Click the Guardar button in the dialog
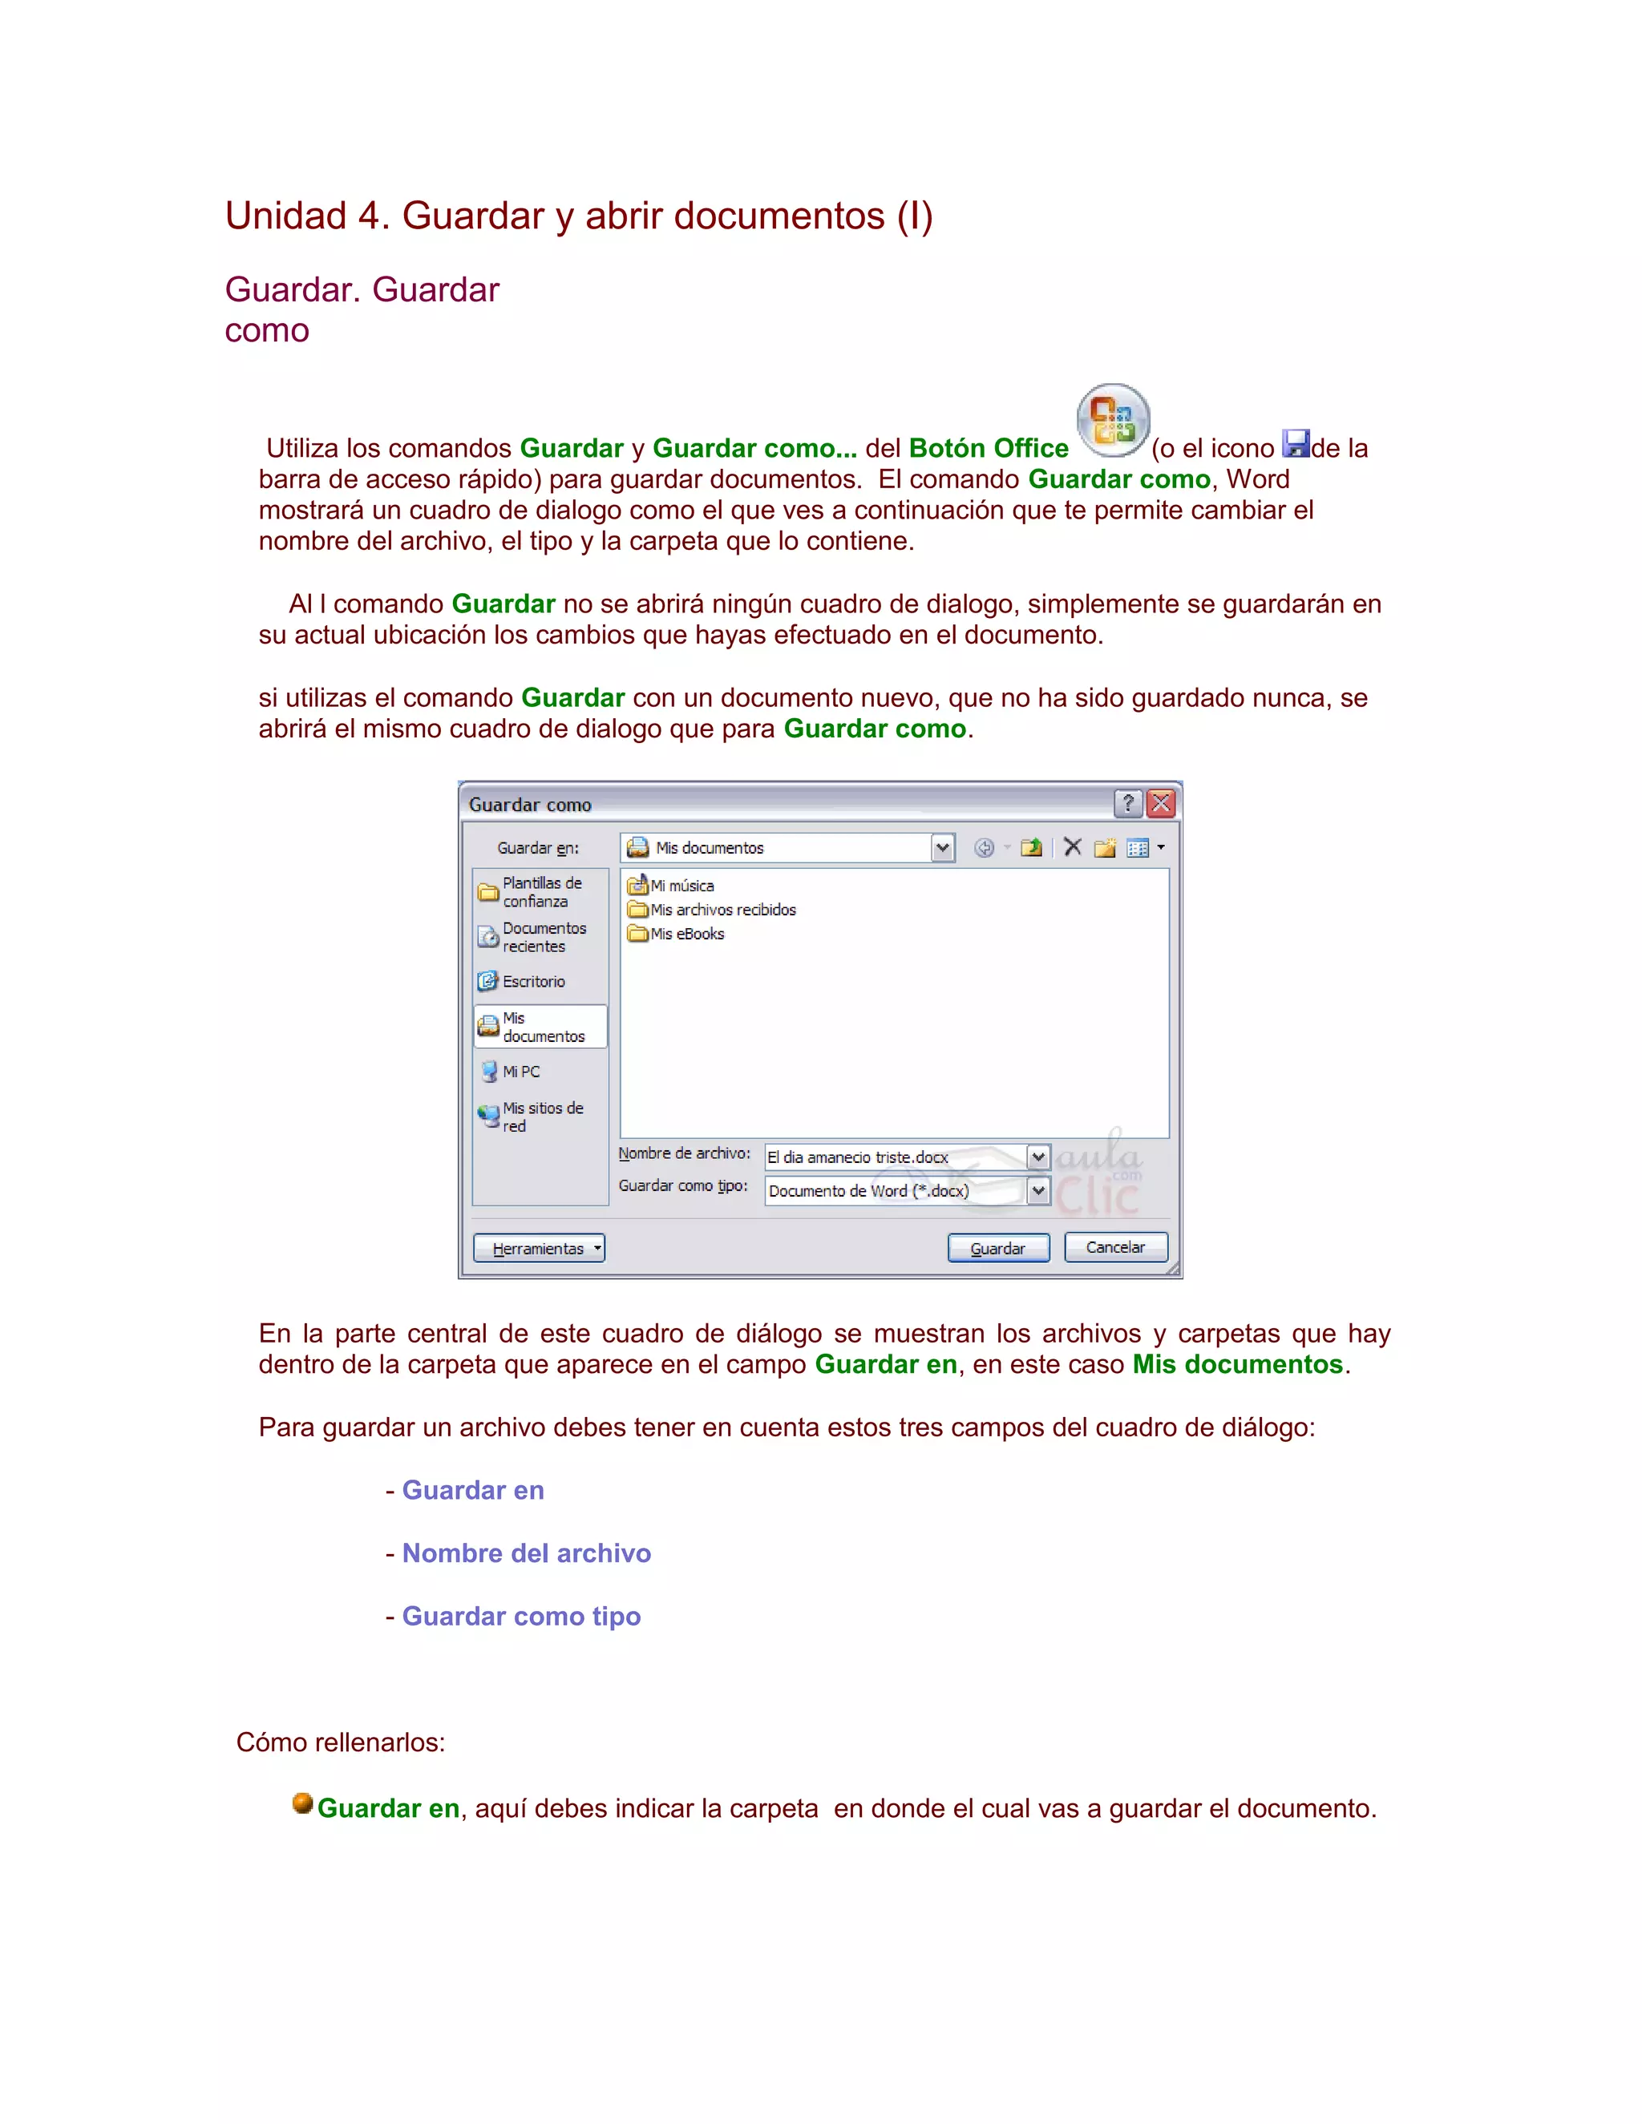click(998, 1248)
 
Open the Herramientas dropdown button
click(539, 1248)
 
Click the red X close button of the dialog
click(1160, 803)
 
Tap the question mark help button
click(1127, 803)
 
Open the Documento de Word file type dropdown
click(1039, 1190)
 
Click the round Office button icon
click(1113, 421)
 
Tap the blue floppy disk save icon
click(1296, 443)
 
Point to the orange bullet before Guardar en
click(302, 1804)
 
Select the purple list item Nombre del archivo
click(526, 1553)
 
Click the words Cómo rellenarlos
click(341, 1742)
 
